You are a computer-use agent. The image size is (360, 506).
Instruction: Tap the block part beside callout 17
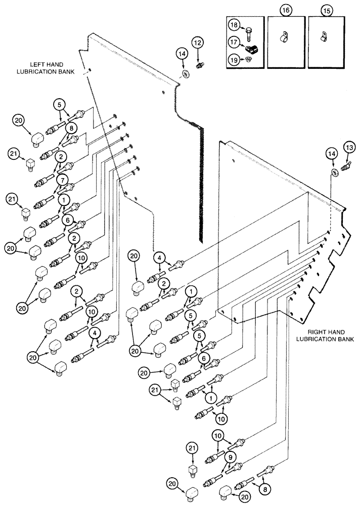coord(251,50)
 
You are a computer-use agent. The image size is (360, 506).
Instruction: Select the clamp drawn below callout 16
coord(286,37)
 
